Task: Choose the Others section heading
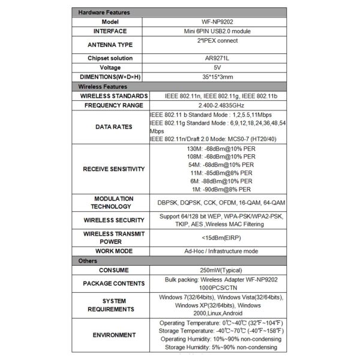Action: (x=88, y=261)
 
